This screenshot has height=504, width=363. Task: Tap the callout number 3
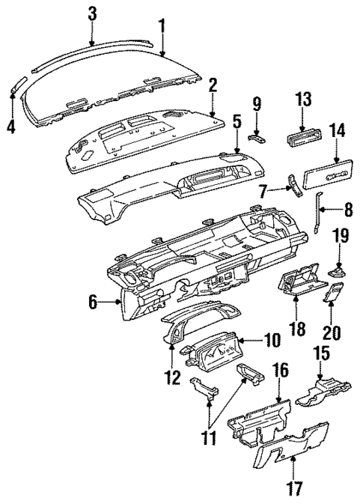(x=92, y=12)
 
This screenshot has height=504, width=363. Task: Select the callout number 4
(x=10, y=127)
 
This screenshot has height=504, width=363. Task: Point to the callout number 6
(x=93, y=303)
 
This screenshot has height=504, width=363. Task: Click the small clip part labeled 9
(x=257, y=136)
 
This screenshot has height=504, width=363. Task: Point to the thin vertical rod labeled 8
(x=320, y=222)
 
